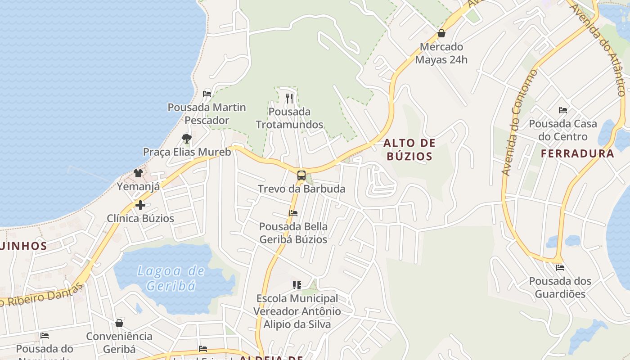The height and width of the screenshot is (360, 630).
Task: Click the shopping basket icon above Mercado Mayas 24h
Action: pyautogui.click(x=441, y=33)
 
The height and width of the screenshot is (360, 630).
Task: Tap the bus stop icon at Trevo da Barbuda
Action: pyautogui.click(x=301, y=175)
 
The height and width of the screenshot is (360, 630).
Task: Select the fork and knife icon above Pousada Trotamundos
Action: pyautogui.click(x=289, y=98)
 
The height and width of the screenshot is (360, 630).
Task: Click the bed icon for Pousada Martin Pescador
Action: pyautogui.click(x=207, y=94)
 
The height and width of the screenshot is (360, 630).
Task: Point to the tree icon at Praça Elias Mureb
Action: pyautogui.click(x=186, y=138)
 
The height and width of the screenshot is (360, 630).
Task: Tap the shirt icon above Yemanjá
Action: pyautogui.click(x=138, y=173)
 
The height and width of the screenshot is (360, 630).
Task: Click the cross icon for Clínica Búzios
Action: pyautogui.click(x=140, y=205)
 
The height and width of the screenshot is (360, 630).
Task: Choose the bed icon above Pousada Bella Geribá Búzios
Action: pyautogui.click(x=293, y=213)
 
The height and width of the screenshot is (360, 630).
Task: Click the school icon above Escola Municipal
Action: pyautogui.click(x=297, y=285)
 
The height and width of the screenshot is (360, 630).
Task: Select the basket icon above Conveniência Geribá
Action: pyautogui.click(x=119, y=323)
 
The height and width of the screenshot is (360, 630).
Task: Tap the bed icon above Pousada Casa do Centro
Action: pyautogui.click(x=562, y=110)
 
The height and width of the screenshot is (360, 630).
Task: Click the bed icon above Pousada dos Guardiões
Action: pyautogui.click(x=560, y=267)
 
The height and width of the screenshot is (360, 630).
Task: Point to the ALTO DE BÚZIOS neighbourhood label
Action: pyautogui.click(x=409, y=150)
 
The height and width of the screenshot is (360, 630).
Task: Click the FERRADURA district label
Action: pyautogui.click(x=577, y=153)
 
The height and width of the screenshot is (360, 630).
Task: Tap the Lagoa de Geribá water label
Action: pyautogui.click(x=171, y=278)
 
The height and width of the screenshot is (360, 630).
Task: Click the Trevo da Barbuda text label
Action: pyautogui.click(x=301, y=189)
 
